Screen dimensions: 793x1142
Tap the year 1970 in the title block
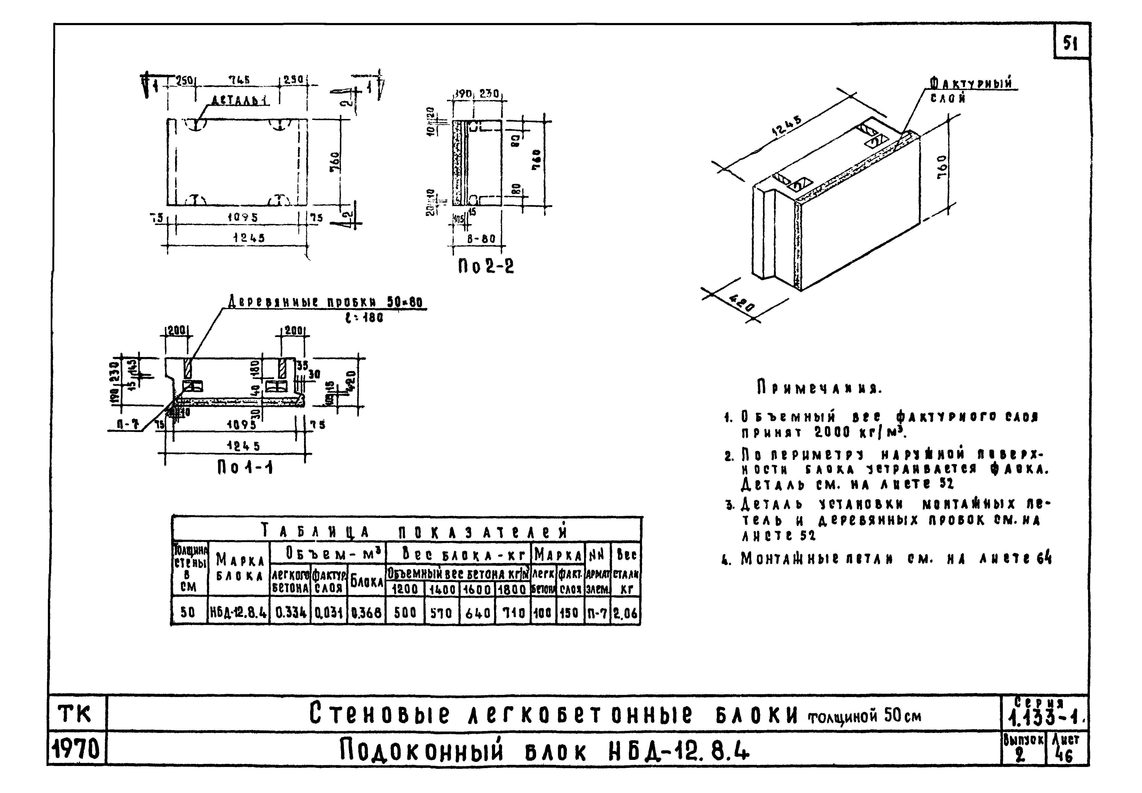77,749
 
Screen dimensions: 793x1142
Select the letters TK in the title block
76,714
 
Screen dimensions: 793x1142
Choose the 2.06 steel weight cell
625,613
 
